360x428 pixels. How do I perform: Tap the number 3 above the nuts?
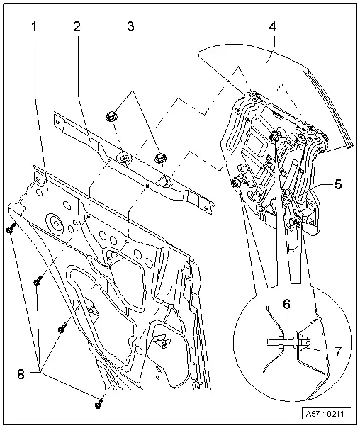tap(129, 28)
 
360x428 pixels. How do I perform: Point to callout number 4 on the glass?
tap(272, 28)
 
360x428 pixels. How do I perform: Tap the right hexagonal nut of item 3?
tap(159, 155)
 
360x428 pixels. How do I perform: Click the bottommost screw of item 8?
tap(98, 403)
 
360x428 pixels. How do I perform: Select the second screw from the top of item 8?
tap(36, 282)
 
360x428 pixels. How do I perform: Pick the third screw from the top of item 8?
tap(62, 327)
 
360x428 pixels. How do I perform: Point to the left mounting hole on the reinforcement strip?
tap(125, 158)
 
